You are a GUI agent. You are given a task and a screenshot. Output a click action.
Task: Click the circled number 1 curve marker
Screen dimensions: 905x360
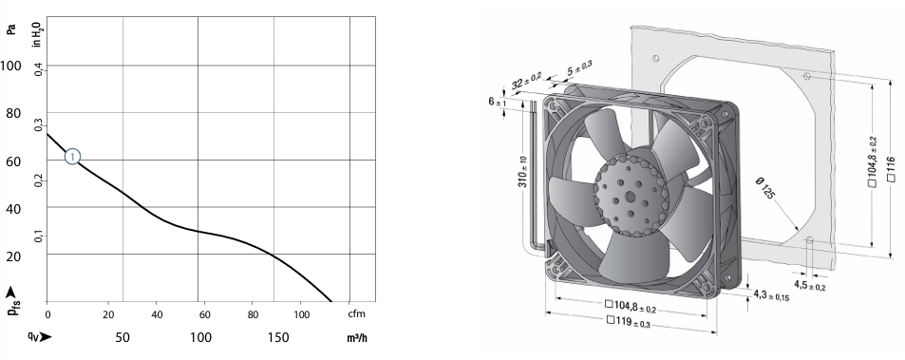point(72,157)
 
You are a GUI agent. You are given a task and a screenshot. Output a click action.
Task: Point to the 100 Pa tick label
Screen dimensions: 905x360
point(11,66)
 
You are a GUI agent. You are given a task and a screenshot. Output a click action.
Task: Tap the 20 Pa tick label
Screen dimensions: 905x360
point(14,256)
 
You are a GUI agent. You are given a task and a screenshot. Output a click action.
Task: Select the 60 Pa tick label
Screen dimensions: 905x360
point(14,161)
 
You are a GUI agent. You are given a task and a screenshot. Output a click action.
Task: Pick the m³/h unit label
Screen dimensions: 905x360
point(357,337)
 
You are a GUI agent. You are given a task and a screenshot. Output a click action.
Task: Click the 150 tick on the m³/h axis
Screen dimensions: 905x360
point(278,337)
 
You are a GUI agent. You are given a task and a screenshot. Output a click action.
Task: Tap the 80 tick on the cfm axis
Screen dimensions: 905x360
point(252,314)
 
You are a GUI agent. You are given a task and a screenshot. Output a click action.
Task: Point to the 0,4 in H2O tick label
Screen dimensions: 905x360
point(38,70)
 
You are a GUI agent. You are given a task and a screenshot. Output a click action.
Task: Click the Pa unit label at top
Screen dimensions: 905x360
point(11,28)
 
